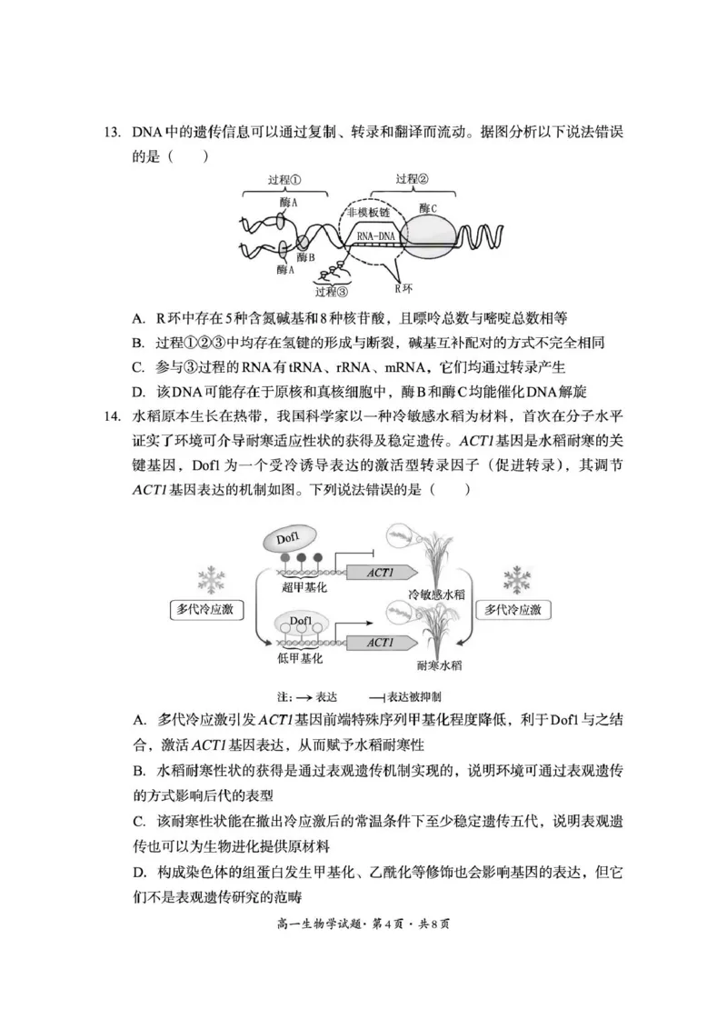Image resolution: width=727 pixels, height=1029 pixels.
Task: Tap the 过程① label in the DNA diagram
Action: point(285,180)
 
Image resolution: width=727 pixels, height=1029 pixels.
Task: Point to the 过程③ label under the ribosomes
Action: point(331,292)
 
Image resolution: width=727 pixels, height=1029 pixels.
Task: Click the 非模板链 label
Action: point(373,212)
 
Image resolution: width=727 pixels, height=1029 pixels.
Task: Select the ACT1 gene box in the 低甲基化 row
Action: point(380,643)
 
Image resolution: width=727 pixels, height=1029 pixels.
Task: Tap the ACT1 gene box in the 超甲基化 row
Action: point(380,573)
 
